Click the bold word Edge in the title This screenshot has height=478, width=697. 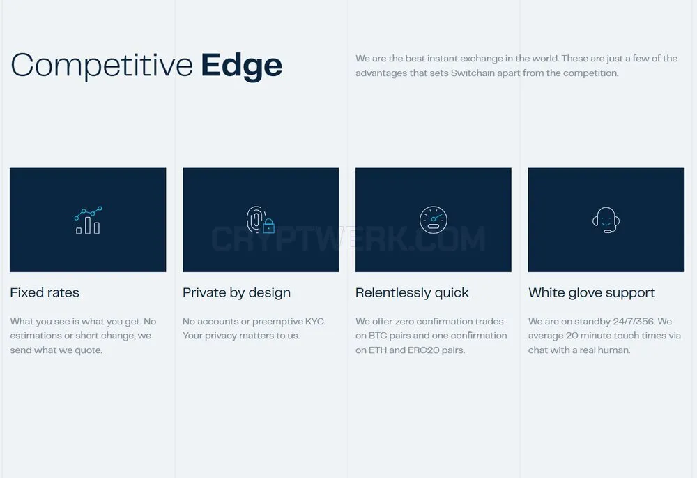[x=241, y=66]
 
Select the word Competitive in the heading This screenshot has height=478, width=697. [x=102, y=65]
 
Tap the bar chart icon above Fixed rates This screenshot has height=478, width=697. [x=88, y=220]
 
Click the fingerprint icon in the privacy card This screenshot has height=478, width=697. [x=255, y=219]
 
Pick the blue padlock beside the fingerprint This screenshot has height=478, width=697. [x=269, y=226]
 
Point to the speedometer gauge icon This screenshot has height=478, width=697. [x=434, y=220]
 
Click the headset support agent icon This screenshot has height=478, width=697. [x=606, y=220]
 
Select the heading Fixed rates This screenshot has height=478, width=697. [x=45, y=293]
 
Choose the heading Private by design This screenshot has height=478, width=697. [x=236, y=293]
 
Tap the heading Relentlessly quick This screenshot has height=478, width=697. [x=412, y=293]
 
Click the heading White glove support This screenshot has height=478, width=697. [x=592, y=293]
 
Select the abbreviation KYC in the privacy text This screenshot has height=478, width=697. [x=315, y=321]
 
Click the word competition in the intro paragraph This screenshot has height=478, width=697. [x=590, y=73]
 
